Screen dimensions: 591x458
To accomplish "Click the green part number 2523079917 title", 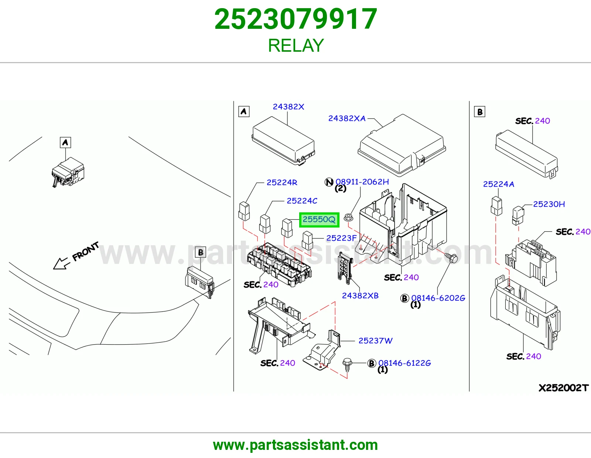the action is [295, 19].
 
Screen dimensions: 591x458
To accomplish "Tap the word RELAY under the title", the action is [296, 45].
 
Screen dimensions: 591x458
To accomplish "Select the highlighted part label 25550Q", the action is [319, 219].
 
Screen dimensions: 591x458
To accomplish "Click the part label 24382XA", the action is [347, 118].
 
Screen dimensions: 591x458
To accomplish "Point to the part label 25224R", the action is [282, 182].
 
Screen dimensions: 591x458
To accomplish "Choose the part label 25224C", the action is [302, 201].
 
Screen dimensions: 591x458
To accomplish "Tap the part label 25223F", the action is [341, 238].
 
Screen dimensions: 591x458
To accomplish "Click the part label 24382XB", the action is [360, 295].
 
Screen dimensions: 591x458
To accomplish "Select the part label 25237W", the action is [375, 341].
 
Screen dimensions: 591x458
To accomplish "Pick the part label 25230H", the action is [549, 204].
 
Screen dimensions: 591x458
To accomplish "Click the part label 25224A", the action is [499, 184].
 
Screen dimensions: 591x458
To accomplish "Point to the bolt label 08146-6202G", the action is [438, 298].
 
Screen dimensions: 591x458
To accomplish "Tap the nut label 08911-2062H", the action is [362, 182].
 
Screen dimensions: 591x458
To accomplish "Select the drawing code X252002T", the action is [564, 388].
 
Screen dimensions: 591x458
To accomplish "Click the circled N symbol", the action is [329, 182].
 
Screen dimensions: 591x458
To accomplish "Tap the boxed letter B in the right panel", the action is [480, 112].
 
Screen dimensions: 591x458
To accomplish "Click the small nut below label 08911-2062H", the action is [348, 217].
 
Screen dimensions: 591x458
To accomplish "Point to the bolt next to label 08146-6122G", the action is [347, 365].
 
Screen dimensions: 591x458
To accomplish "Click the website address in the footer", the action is [295, 445].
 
